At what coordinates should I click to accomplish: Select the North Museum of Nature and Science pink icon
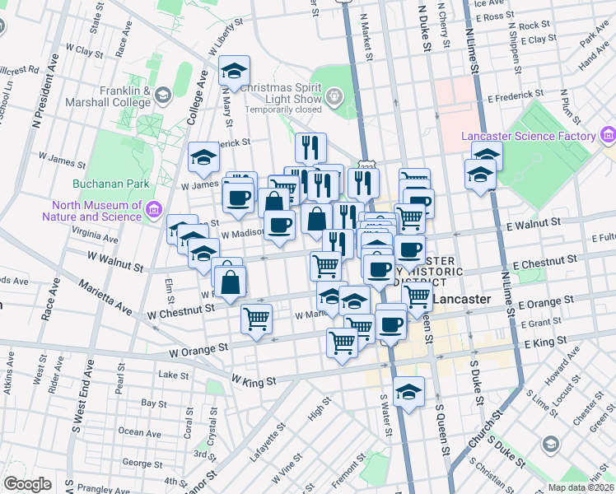(153, 211)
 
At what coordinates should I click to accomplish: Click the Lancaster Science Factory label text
(529, 136)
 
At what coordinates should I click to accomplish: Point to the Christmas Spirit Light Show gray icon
(334, 98)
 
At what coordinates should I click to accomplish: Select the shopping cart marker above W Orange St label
(257, 318)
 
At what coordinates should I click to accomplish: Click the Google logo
(27, 483)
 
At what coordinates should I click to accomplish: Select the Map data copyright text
(581, 487)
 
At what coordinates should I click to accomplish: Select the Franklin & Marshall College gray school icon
(162, 96)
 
